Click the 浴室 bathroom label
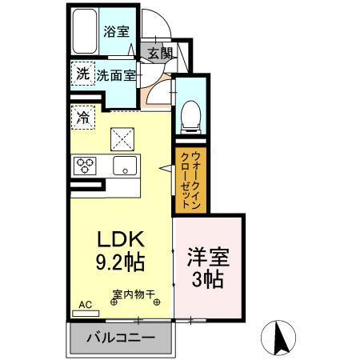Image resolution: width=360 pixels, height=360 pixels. [115, 32]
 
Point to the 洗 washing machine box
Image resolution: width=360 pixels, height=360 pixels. [83, 73]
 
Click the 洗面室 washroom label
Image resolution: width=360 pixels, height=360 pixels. [117, 75]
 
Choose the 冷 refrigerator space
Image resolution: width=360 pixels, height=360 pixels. [83, 117]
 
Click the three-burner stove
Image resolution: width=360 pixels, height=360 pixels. [85, 166]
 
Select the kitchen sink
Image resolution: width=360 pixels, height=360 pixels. [124, 166]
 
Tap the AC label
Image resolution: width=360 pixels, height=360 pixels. [85, 305]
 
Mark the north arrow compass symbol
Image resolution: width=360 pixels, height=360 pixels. [282, 338]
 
